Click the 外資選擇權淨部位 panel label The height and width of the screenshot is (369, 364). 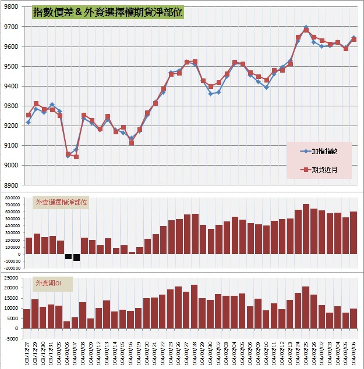point(61,203)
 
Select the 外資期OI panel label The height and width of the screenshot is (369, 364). point(52,284)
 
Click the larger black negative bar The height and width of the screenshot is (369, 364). point(76,257)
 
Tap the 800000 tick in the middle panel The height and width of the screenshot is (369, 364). point(11,198)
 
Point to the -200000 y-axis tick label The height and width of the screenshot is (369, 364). point(10,268)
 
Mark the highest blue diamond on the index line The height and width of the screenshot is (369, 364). point(306,27)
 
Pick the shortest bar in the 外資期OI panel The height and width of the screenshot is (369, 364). point(67,325)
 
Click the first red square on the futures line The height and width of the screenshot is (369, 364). point(28,115)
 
